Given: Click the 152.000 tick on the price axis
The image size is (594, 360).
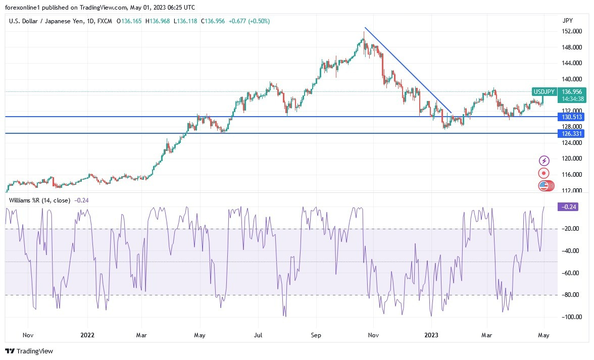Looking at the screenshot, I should (571, 31).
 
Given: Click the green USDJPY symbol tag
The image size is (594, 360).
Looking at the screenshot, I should (544, 91).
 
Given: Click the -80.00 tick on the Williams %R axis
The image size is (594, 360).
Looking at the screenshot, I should (570, 295).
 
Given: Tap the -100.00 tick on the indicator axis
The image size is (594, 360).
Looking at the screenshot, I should (570, 317).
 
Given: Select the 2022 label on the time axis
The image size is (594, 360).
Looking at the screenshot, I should (87, 335).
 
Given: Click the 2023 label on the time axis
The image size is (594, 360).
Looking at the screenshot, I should (431, 335).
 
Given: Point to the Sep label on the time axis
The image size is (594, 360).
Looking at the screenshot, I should (316, 335).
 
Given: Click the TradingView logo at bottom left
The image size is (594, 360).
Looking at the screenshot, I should (29, 351).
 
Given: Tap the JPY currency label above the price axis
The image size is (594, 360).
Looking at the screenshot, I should (568, 21).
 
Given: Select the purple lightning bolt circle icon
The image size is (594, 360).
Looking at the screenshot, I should (544, 161).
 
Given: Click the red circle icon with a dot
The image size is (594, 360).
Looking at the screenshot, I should (544, 173).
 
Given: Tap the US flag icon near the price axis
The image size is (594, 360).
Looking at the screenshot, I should (543, 185).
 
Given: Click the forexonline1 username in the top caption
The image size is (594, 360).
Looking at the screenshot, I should (23, 8).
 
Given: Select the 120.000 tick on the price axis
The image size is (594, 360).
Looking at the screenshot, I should (571, 159).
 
